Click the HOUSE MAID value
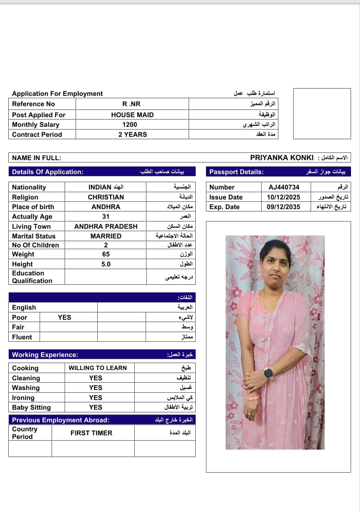[x=132, y=115]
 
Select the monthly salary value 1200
[x=130, y=125]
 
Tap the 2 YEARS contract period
[x=133, y=135]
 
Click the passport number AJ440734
[x=284, y=187]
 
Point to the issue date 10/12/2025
[x=283, y=197]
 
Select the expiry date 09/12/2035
[x=283, y=207]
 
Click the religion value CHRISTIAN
[x=106, y=197]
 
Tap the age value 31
[x=106, y=217]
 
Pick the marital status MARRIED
[x=106, y=236]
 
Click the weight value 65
[x=106, y=254]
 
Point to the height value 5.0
[x=106, y=264]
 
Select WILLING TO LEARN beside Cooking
[x=98, y=368]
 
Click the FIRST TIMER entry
[x=91, y=433]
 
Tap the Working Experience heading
[x=45, y=355]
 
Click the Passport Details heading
[x=236, y=172]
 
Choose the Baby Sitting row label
[x=31, y=407]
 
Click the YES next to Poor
[x=64, y=317]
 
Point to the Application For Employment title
[x=57, y=94]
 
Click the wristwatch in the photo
[x=269, y=373]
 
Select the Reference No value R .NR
[x=131, y=104]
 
